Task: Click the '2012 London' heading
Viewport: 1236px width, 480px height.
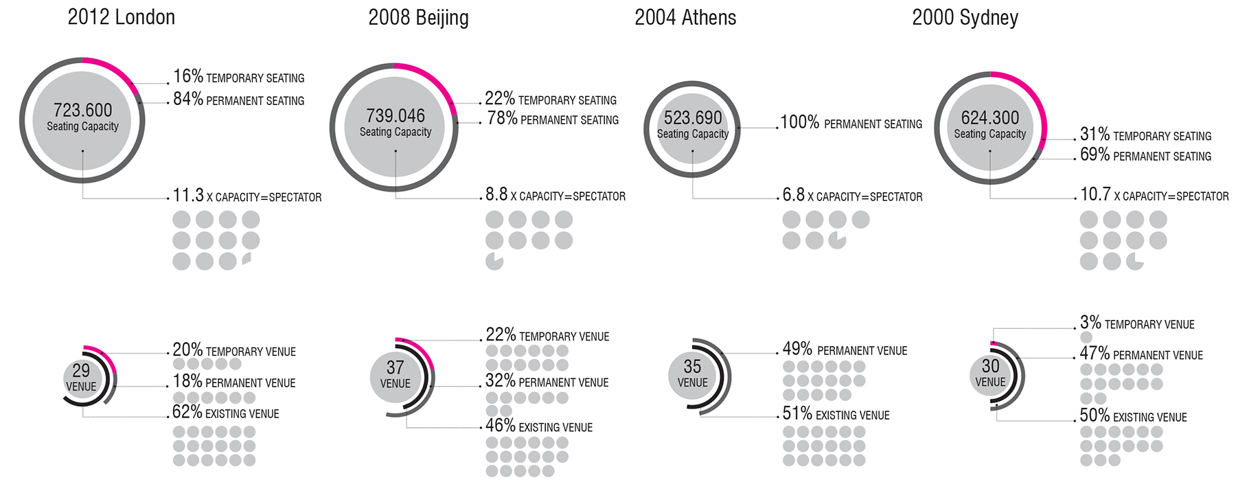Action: [121, 17]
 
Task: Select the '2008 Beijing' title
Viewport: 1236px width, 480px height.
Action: [418, 18]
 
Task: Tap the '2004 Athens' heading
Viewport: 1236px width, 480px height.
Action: [685, 18]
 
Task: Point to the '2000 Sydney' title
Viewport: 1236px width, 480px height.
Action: [965, 18]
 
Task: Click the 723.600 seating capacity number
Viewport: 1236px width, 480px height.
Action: [82, 110]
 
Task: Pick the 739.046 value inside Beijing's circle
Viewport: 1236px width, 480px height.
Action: [396, 115]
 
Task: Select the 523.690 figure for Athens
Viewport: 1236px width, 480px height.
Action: [692, 118]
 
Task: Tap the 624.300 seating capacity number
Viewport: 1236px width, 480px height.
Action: [989, 117]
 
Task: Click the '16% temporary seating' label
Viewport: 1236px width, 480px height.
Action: [238, 77]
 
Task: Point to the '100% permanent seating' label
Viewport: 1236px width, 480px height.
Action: [851, 123]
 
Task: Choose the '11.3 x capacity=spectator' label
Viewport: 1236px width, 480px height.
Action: [247, 196]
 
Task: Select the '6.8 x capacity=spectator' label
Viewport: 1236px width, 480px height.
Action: [852, 196]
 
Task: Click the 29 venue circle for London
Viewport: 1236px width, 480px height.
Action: [81, 377]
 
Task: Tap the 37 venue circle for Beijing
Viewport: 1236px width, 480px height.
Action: [395, 374]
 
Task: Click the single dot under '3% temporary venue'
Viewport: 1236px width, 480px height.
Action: [1086, 337]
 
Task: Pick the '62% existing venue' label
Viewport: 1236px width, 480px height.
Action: [225, 413]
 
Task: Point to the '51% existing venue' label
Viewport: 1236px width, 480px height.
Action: [836, 414]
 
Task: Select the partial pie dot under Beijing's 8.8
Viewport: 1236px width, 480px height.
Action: [494, 262]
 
